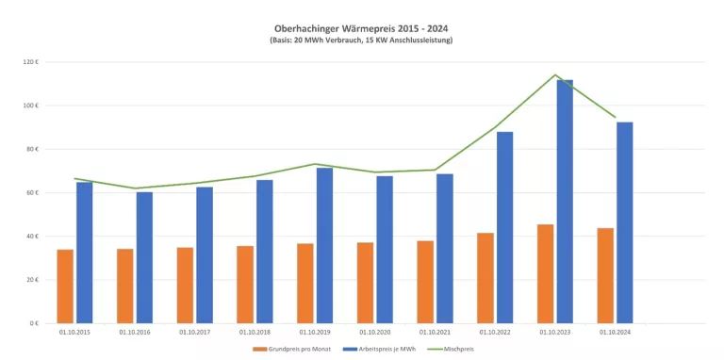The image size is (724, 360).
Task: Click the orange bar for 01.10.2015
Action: tap(65, 286)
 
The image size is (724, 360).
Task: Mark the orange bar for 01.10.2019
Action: tap(305, 283)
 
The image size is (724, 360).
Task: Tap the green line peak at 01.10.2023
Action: tap(555, 75)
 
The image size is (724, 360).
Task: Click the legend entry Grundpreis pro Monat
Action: tap(290, 348)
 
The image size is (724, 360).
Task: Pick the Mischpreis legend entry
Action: tap(455, 348)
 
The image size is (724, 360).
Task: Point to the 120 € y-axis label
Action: tap(30, 62)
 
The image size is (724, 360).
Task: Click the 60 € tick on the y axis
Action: tap(32, 192)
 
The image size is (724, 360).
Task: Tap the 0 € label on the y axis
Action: tap(33, 323)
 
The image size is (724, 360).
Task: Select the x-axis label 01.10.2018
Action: tap(255, 332)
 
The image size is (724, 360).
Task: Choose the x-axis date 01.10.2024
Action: tap(615, 332)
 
